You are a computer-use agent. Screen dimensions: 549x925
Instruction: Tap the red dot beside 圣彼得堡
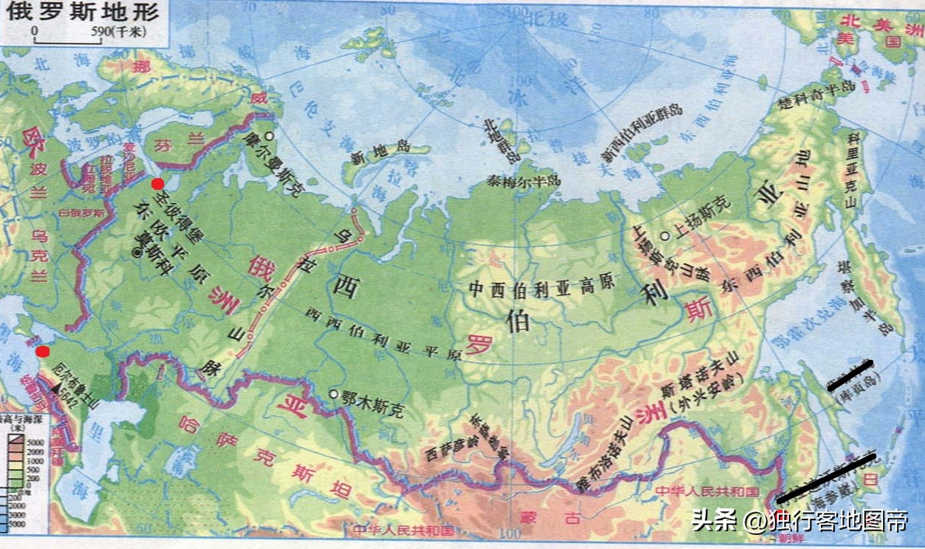157,184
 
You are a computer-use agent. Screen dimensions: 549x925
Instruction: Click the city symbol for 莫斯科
136,253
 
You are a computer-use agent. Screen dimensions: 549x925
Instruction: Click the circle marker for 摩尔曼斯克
270,136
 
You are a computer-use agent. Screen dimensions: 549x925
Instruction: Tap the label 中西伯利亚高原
542,289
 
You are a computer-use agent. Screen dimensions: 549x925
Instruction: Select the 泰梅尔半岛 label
524,180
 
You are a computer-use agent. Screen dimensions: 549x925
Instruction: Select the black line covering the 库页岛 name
850,375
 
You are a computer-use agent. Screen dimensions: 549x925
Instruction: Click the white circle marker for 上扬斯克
665,236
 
